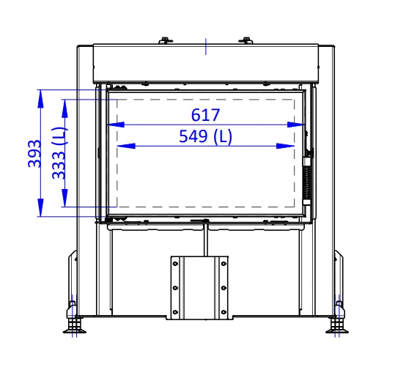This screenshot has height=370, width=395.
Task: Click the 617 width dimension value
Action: (x=205, y=115)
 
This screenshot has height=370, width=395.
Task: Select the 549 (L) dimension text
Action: (x=205, y=136)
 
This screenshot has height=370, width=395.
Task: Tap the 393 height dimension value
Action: (x=34, y=153)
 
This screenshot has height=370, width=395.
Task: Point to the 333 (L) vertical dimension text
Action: (x=59, y=153)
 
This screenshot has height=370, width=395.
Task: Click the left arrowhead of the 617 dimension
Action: (x=116, y=125)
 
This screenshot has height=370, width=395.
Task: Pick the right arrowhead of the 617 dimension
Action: (x=296, y=125)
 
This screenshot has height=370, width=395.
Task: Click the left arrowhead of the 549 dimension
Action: (x=126, y=146)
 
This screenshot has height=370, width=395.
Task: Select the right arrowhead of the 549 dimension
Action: (x=285, y=146)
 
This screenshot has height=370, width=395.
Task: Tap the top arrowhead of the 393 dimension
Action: (x=40, y=99)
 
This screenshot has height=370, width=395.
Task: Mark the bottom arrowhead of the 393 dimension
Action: (x=40, y=207)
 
